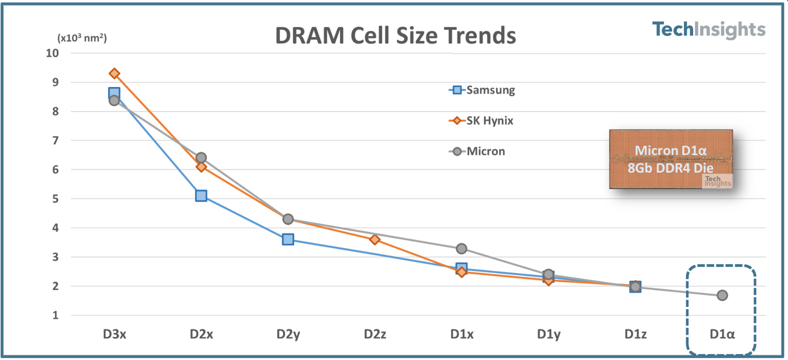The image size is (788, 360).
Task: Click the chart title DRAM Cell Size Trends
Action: tap(395, 36)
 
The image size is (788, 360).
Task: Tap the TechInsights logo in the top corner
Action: tap(708, 29)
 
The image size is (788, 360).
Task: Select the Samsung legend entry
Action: tap(482, 90)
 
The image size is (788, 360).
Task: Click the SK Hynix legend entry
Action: tap(481, 120)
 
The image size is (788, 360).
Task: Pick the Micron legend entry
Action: tap(477, 151)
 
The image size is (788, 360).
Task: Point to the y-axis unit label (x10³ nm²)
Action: tap(82, 38)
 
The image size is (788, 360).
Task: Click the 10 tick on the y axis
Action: tap(52, 53)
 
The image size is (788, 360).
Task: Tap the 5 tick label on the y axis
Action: tap(55, 199)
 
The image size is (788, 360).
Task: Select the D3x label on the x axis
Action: tap(114, 334)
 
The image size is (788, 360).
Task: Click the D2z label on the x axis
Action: tap(375, 334)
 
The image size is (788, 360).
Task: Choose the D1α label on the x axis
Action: tap(722, 334)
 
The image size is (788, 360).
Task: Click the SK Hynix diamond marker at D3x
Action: tap(115, 73)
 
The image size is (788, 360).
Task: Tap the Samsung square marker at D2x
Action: tap(201, 196)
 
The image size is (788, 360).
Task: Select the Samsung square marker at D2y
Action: tap(288, 239)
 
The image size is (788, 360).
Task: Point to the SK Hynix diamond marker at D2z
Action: tap(375, 240)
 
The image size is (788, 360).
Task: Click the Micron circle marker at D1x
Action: tap(461, 249)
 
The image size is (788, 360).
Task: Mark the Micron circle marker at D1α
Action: tap(722, 295)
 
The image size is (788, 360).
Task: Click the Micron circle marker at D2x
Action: tap(201, 158)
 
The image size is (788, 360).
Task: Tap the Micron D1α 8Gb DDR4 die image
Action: tap(671, 159)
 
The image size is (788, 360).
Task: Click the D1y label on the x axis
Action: tap(548, 334)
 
